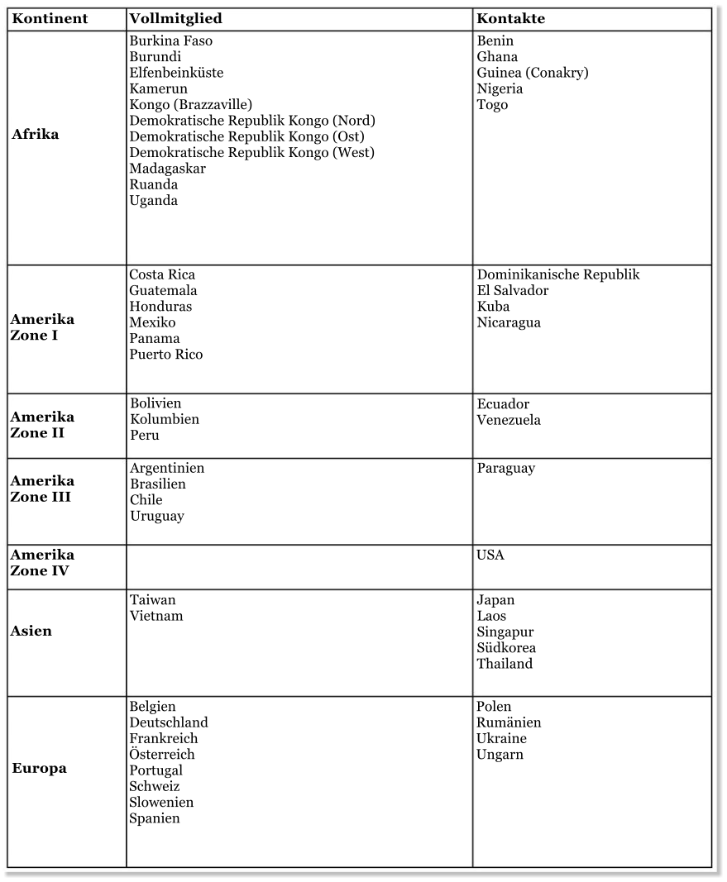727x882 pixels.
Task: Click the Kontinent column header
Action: [x=50, y=19]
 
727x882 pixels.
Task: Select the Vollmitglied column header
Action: [x=175, y=19]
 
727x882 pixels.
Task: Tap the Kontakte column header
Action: [x=510, y=19]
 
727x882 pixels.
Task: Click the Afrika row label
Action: [x=36, y=135]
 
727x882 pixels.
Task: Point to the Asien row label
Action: [x=31, y=632]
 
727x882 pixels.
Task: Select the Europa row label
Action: [x=39, y=769]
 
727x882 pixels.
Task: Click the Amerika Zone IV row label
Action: [x=42, y=563]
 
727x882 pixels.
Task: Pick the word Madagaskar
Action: [x=167, y=169]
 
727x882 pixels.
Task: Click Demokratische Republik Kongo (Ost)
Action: [x=246, y=137]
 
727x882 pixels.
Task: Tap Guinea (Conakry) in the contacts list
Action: [x=532, y=73]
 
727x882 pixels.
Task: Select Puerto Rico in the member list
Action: [x=165, y=355]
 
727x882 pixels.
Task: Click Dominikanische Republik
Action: [x=557, y=274]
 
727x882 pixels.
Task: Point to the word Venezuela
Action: [x=508, y=420]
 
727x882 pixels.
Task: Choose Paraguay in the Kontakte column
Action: [x=505, y=469]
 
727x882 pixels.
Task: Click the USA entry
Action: [x=490, y=555]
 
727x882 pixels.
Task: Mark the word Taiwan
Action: [x=152, y=600]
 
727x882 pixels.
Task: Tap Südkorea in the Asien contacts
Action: [x=505, y=648]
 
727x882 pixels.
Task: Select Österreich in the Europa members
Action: [x=161, y=755]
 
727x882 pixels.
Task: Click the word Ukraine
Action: [x=501, y=739]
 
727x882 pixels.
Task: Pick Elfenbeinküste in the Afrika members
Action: [x=175, y=73]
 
